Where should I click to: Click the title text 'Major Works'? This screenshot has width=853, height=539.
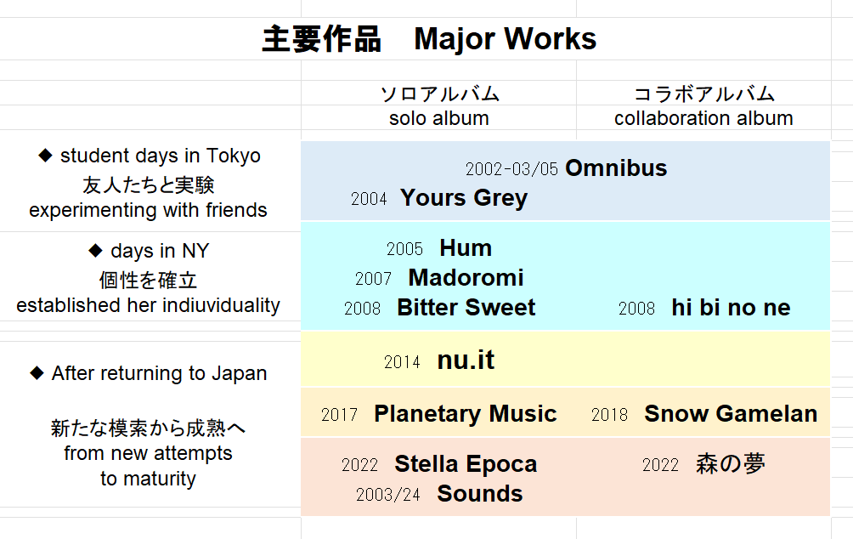[x=505, y=39]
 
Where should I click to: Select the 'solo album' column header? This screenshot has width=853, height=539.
[x=439, y=118]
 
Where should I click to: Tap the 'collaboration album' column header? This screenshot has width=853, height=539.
[x=703, y=118]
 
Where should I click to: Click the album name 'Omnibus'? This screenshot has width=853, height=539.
[x=616, y=168]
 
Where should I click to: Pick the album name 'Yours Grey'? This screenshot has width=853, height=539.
[x=464, y=197]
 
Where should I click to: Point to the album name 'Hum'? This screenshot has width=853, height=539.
[x=466, y=248]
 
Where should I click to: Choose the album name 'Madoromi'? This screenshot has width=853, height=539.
[x=466, y=278]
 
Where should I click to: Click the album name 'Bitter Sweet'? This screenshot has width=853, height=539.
[x=466, y=308]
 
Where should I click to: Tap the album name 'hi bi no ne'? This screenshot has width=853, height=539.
[x=731, y=308]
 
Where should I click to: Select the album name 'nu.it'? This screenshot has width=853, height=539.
[x=466, y=360]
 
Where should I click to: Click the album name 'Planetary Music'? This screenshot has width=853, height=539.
[x=465, y=414]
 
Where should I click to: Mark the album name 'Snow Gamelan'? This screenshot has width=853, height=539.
[x=731, y=414]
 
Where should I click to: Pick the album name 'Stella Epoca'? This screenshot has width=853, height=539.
[x=466, y=464]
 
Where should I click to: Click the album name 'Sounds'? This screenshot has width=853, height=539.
[x=480, y=494]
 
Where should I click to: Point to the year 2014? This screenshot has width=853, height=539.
[x=402, y=362]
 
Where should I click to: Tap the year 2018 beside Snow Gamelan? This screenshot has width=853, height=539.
[x=609, y=415]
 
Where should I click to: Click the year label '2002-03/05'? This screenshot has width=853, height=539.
[x=512, y=169]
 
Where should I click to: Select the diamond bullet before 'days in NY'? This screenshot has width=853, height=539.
[x=95, y=251]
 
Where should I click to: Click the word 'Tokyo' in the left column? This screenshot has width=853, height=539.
[x=234, y=156]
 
